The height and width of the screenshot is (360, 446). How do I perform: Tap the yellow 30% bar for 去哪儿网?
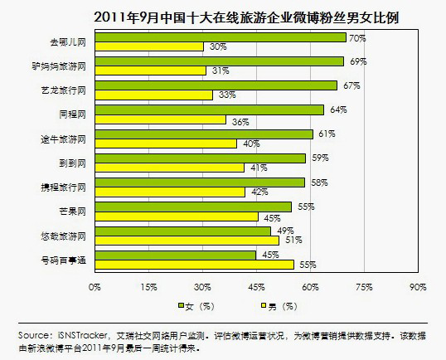tap(148, 46)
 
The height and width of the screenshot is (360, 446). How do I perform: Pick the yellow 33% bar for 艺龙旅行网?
tap(153, 95)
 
